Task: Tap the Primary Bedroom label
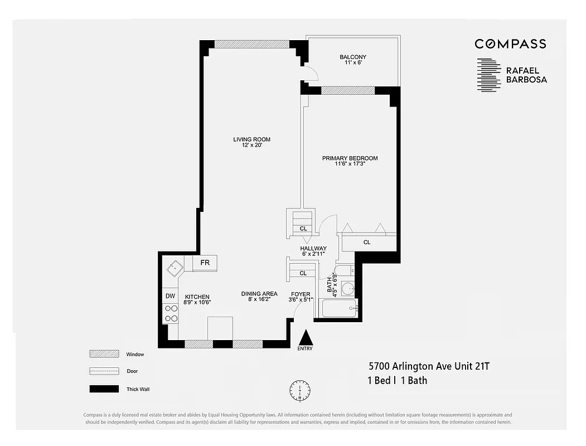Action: point(350,161)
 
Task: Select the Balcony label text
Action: point(352,60)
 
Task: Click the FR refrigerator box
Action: point(205,263)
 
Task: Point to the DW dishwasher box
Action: point(170,296)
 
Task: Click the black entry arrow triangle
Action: point(306,337)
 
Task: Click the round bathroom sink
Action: point(347,289)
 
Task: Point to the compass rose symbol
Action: point(300,390)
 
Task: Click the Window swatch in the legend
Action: point(104,354)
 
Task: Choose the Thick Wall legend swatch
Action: point(104,389)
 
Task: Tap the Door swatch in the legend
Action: point(104,371)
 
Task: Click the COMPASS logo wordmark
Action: point(510,44)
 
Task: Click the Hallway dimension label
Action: point(313,251)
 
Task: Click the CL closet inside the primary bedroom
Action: point(367,243)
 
